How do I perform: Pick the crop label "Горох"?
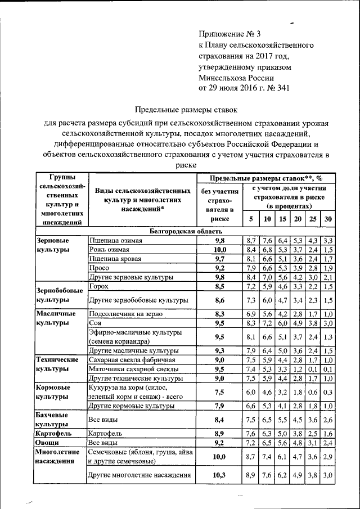click(98, 286)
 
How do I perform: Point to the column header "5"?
click(251, 219)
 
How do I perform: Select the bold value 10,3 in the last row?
click(219, 475)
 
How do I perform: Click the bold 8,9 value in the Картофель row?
click(219, 434)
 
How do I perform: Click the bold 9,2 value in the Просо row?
click(219, 268)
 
